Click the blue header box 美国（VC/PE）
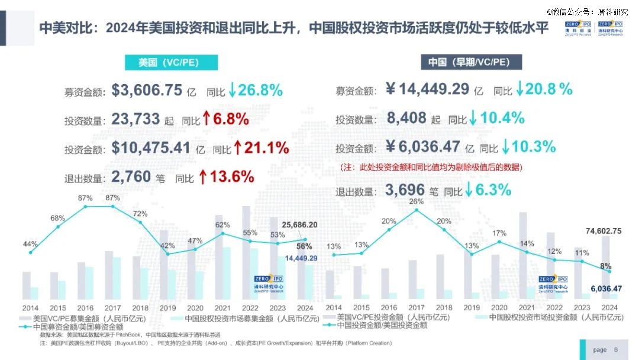coord(170,63)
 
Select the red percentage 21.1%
coord(264,147)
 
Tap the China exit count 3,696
coord(405,190)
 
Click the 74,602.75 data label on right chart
coord(599,231)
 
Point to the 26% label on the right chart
coord(417,201)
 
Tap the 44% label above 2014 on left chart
coord(31,244)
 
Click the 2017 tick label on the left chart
coord(112,308)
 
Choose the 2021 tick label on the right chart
coord(527,307)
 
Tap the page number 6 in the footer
coord(616,349)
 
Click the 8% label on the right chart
coord(605,266)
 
